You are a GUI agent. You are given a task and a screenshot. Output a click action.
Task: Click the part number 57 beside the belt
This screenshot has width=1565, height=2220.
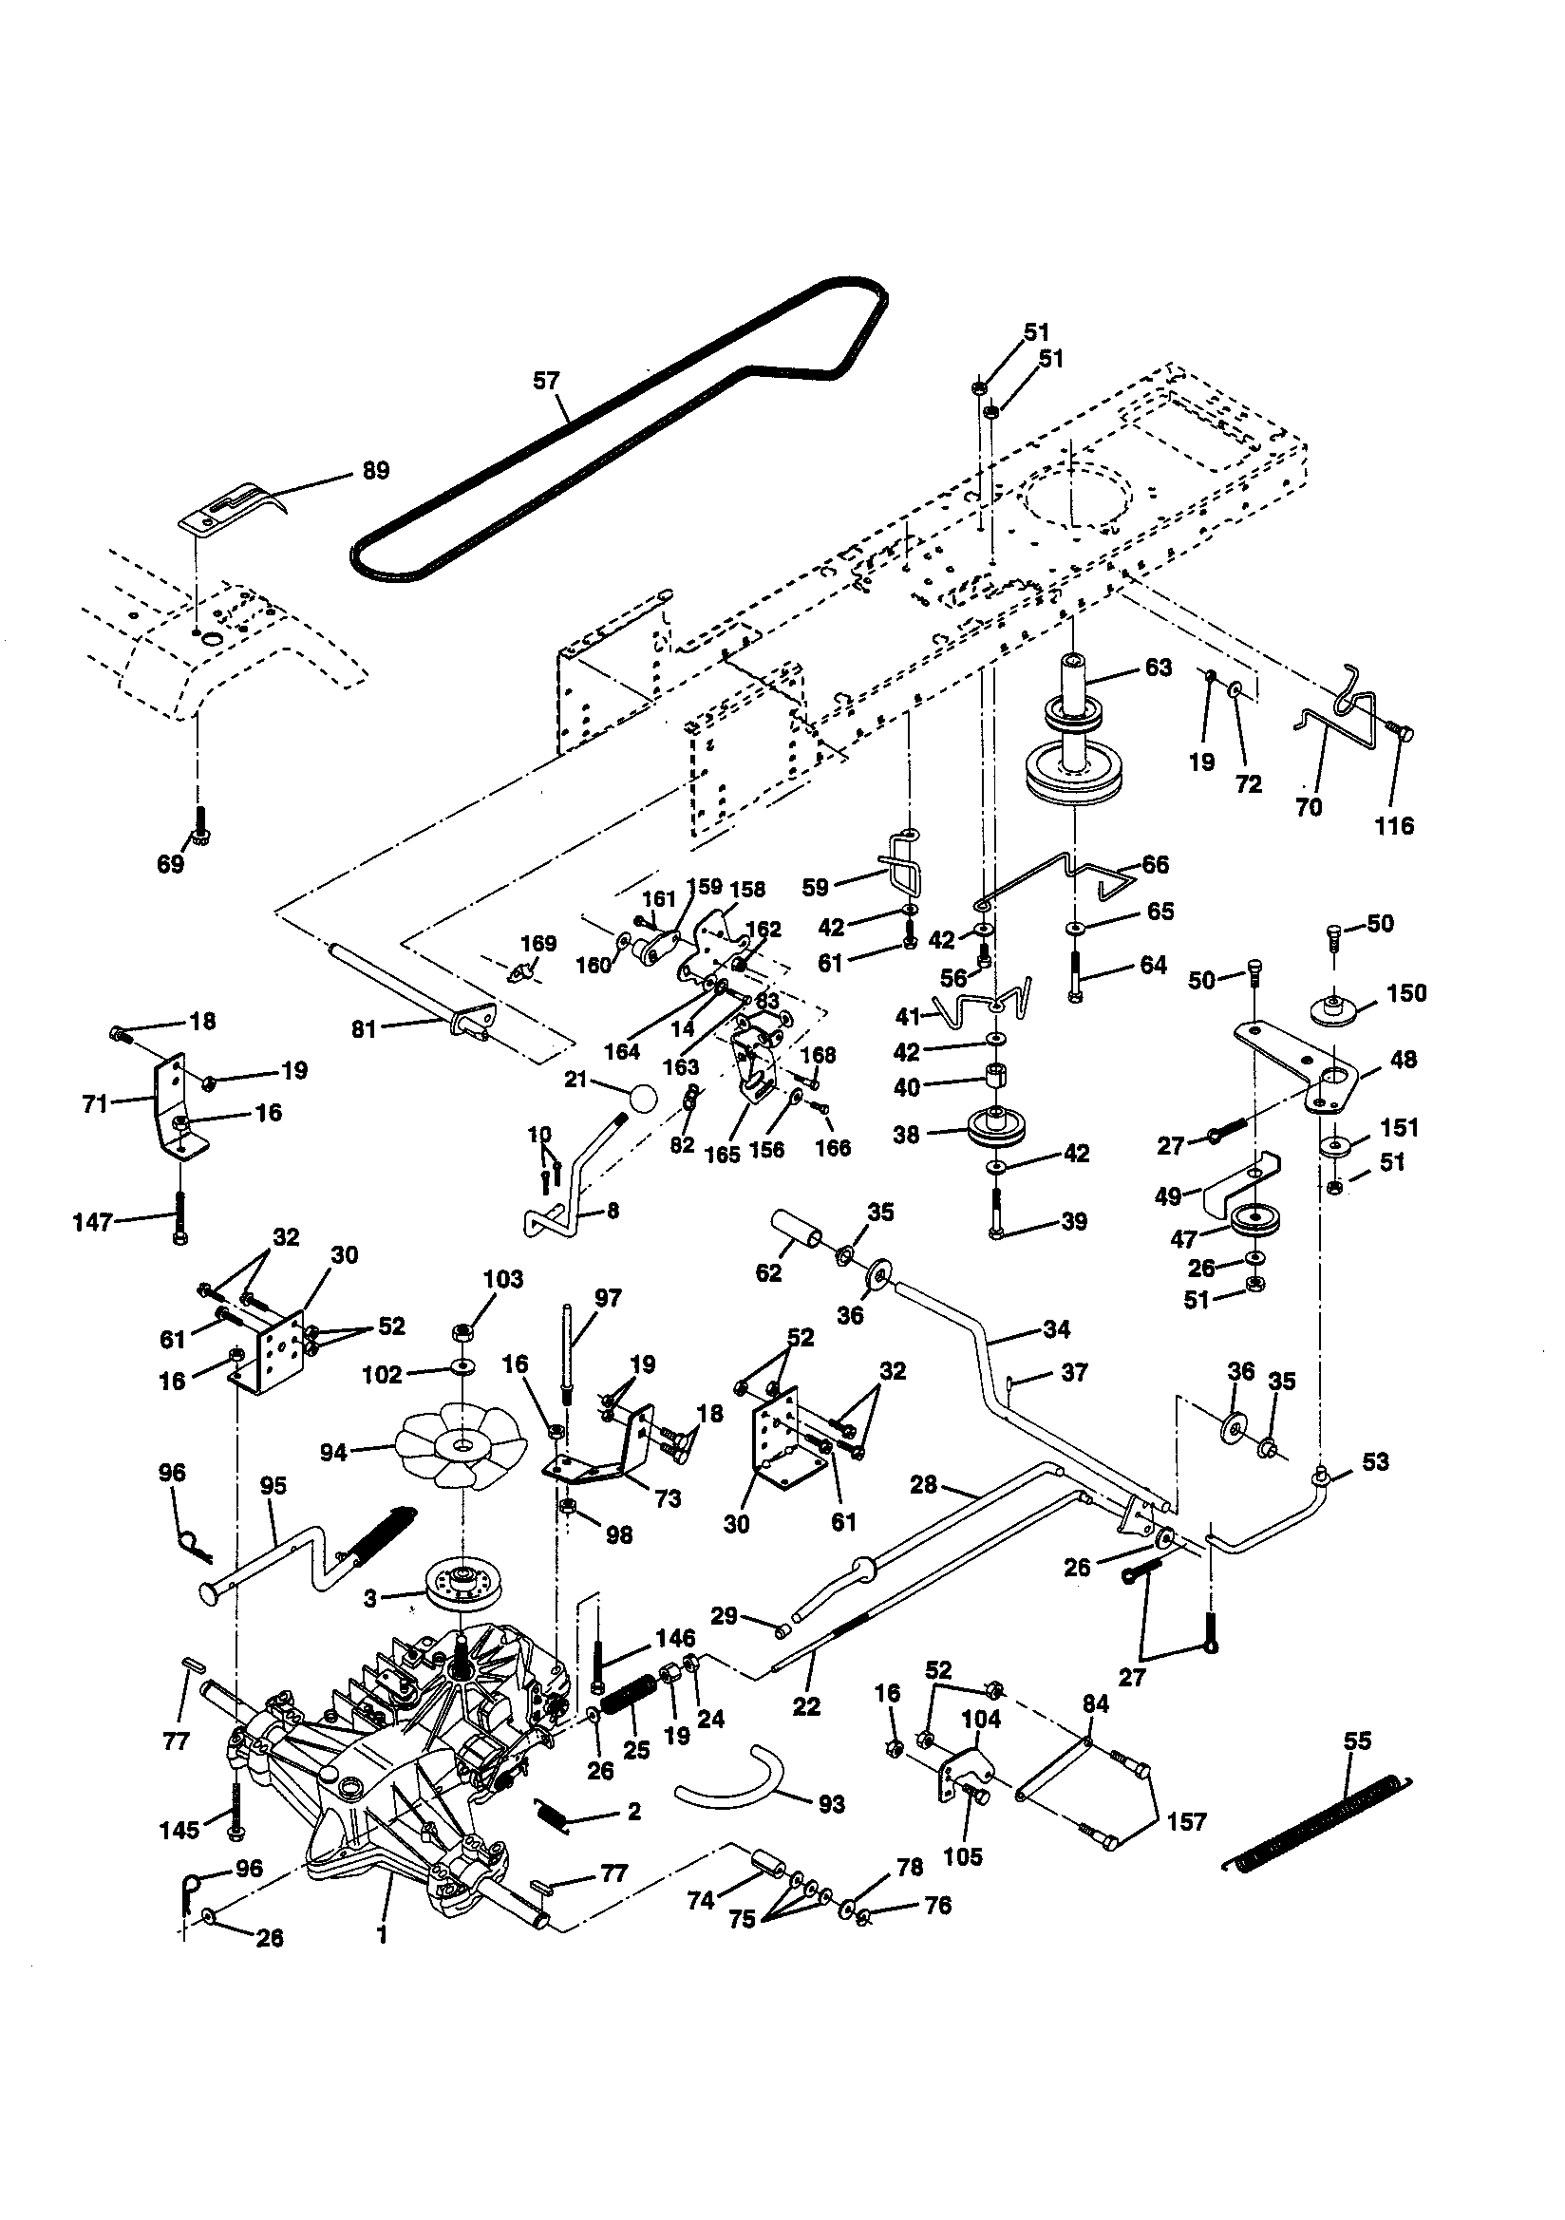[546, 381]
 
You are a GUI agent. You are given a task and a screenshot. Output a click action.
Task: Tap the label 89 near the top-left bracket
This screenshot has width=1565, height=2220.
[374, 471]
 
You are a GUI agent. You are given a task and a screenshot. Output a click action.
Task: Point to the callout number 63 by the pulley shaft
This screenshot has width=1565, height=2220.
[1158, 668]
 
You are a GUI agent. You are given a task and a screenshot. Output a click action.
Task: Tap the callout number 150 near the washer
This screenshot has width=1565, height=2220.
[1406, 994]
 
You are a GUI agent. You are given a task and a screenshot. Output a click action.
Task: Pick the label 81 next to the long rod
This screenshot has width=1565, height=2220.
[364, 1029]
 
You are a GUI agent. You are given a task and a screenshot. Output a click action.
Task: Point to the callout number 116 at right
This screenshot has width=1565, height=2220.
[1394, 826]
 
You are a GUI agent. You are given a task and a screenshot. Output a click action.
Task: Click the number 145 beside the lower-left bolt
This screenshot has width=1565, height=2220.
[179, 1831]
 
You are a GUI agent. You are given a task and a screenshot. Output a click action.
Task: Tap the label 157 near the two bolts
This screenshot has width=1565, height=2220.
[1187, 1822]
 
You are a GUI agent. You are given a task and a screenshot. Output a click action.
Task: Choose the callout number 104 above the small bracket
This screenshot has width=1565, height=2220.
[981, 1720]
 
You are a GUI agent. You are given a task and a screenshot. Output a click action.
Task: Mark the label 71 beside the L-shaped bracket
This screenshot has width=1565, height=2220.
[95, 1103]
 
